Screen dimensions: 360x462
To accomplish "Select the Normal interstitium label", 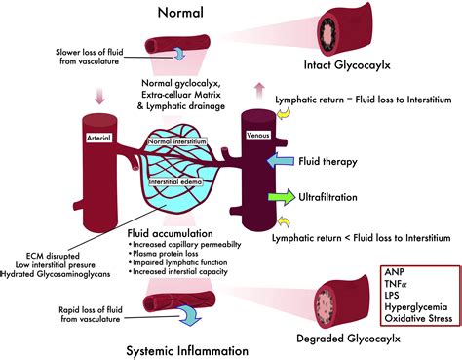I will tap(176, 143).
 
